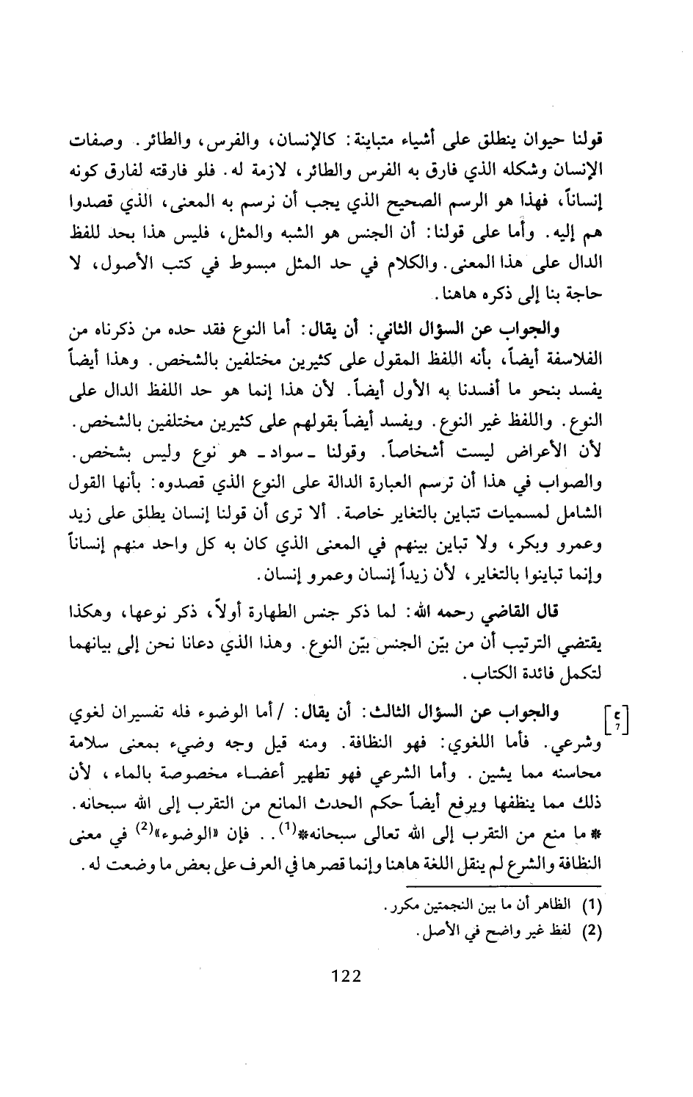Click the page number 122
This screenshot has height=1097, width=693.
pyautogui.click(x=344, y=975)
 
